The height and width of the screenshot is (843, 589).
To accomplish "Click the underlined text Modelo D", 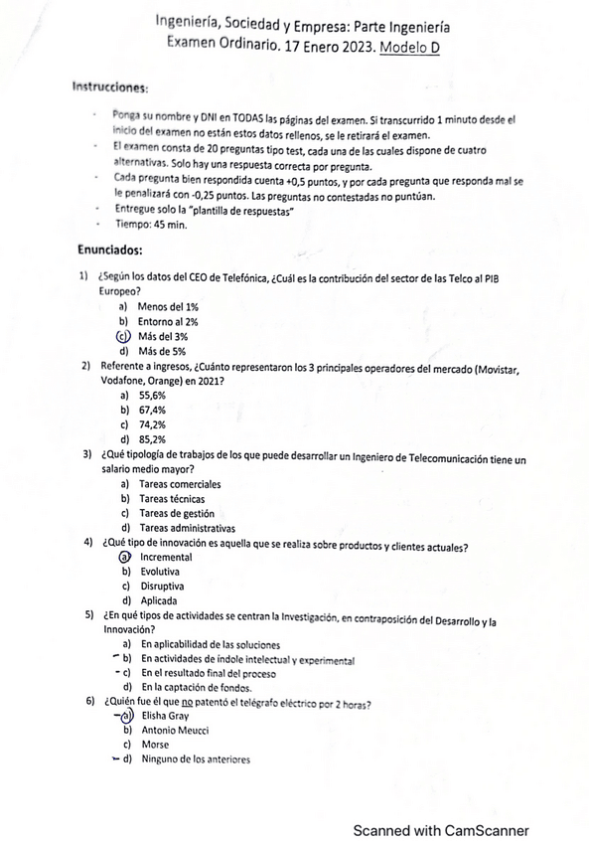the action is (x=410, y=45).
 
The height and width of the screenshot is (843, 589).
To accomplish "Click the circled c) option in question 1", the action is (x=124, y=336).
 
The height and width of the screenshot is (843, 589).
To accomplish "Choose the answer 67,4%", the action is (x=152, y=410).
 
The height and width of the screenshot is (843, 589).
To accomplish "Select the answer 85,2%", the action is (x=152, y=439).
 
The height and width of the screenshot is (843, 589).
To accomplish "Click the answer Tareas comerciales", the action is (x=180, y=484).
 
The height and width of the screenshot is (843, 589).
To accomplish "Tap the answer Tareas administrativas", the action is (x=188, y=528).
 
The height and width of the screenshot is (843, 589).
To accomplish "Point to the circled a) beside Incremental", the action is (x=125, y=558).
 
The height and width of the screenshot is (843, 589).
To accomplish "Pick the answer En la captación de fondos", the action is (x=196, y=687).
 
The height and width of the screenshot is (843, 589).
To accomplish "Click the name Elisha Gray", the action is (x=165, y=716).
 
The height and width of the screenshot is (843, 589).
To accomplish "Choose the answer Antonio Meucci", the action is (x=175, y=731).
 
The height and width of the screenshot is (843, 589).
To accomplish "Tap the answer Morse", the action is (x=155, y=745).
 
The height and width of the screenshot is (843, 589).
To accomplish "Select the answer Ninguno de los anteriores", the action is (x=195, y=760).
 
